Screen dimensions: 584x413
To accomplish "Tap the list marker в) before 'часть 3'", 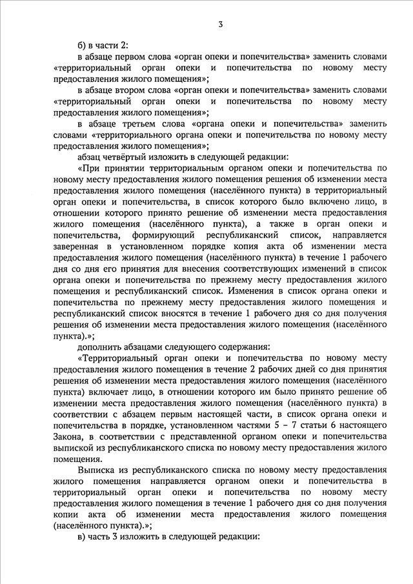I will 82,537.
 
